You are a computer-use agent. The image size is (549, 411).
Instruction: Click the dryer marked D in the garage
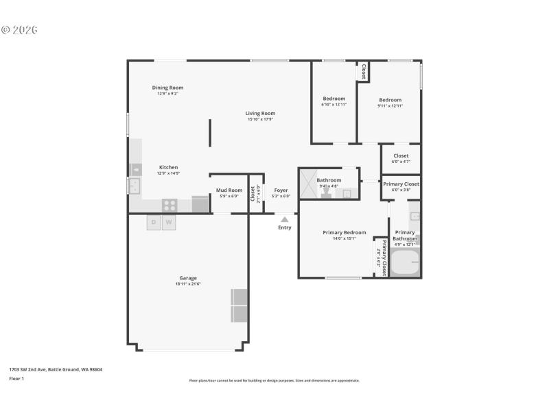click(154, 223)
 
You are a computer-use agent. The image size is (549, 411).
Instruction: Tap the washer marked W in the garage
click(169, 223)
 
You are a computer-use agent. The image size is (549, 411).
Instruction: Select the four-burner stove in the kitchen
click(169, 205)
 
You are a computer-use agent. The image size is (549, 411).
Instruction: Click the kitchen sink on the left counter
click(134, 186)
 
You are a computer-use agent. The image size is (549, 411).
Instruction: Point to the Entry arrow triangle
click(285, 219)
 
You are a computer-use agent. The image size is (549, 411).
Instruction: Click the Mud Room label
click(229, 190)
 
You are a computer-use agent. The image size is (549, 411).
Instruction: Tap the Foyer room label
click(281, 190)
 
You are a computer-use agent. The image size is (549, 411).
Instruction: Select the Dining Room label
click(167, 88)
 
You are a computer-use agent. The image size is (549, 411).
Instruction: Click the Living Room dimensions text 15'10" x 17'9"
click(261, 119)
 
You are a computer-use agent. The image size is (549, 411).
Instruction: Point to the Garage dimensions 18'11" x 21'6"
click(188, 284)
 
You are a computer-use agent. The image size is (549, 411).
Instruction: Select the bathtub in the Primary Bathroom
click(404, 262)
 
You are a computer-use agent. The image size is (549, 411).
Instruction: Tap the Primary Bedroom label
click(344, 232)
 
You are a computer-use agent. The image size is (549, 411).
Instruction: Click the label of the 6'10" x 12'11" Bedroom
click(334, 99)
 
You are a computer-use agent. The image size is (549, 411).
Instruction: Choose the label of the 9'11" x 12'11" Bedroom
click(390, 99)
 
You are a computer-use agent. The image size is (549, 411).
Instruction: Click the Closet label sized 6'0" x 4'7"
click(401, 156)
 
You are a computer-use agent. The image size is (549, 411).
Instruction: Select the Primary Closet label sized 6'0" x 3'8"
click(401, 184)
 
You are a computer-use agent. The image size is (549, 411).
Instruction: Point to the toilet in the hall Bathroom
click(326, 194)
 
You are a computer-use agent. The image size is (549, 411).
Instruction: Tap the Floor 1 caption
click(16, 378)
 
